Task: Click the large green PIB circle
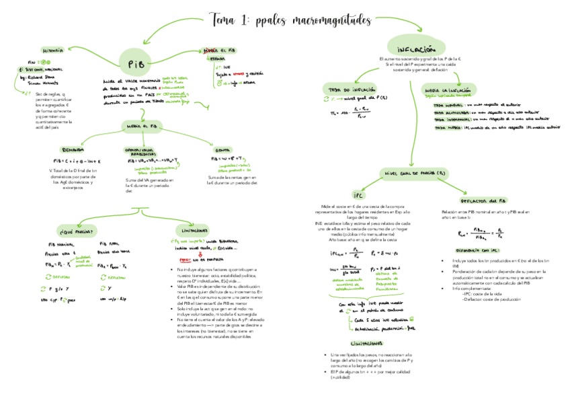[x=132, y=63]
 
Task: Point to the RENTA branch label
[x=220, y=149]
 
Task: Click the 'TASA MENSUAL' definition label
[x=448, y=105]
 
